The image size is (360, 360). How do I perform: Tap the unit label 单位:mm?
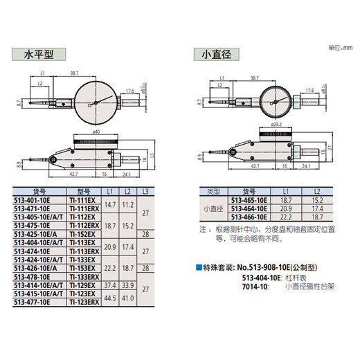tap(341, 46)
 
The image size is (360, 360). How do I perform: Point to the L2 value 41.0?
tap(129, 298)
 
